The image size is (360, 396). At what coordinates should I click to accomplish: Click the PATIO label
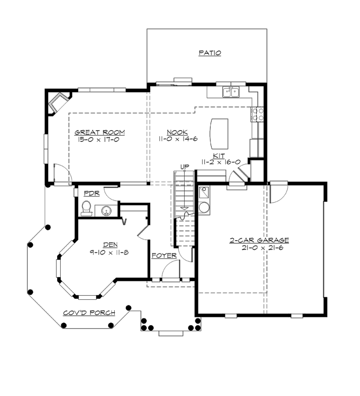point(210,53)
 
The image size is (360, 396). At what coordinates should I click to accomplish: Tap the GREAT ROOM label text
point(100,132)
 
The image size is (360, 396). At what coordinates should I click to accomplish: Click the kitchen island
point(220,132)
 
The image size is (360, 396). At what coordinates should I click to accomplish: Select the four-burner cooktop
point(257,114)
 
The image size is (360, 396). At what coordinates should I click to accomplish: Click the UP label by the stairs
point(185,166)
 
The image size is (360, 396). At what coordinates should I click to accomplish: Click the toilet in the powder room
point(86,208)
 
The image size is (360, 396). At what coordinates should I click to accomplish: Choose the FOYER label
point(164,256)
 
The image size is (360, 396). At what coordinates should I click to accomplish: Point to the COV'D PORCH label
point(89,313)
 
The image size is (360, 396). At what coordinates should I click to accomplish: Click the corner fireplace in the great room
point(57,101)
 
